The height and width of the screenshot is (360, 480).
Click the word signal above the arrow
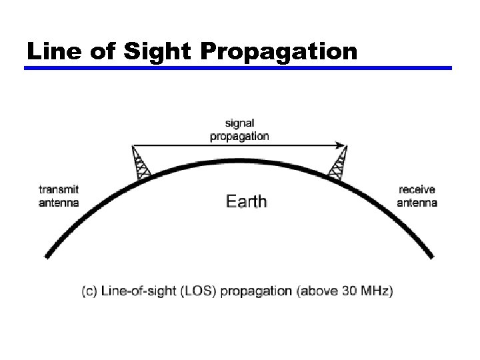coord(240,123)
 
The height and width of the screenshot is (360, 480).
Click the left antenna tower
coord(141,163)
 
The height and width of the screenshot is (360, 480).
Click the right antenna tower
coord(339,163)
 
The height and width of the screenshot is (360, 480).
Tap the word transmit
coord(59,189)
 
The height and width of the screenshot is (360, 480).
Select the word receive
coord(417,189)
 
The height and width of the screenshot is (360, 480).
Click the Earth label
coord(247,201)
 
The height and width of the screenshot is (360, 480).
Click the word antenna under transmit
coord(59,202)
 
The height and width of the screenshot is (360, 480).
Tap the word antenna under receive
coord(417,202)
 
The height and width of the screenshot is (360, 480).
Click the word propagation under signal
coord(240,136)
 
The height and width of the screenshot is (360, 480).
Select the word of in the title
coord(99,51)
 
